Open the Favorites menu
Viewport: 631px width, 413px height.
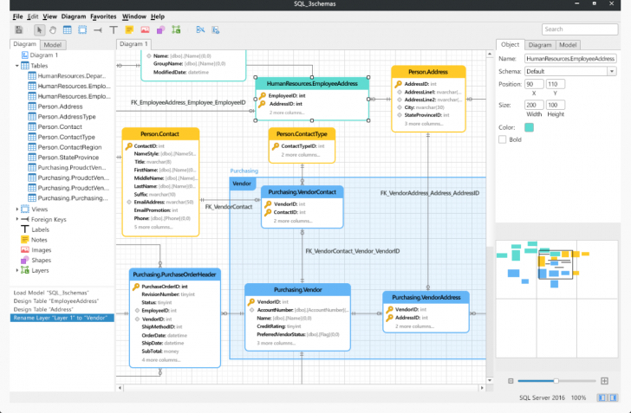click(x=103, y=16)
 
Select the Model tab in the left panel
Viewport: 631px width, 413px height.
click(x=53, y=44)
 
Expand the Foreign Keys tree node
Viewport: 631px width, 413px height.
click(x=17, y=219)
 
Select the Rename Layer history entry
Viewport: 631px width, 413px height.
click(x=61, y=318)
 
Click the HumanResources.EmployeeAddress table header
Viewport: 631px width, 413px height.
click(x=312, y=84)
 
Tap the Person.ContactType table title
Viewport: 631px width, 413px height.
click(x=302, y=134)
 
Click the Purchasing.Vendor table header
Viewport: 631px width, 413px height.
click(x=298, y=290)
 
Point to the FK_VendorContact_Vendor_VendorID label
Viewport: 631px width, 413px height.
click(x=352, y=251)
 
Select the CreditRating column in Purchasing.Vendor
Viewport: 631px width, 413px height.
click(x=275, y=326)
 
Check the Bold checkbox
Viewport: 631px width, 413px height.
click(x=504, y=139)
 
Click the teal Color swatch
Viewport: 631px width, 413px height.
click(x=529, y=126)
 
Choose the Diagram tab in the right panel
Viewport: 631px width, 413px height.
click(x=540, y=45)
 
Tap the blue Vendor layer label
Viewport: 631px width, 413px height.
click(x=242, y=184)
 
